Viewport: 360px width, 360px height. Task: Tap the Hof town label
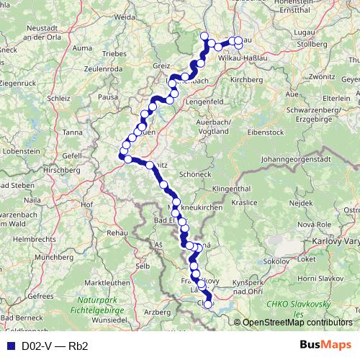point(88,204)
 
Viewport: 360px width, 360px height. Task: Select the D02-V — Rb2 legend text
point(55,346)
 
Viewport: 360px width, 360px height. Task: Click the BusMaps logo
point(327,346)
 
